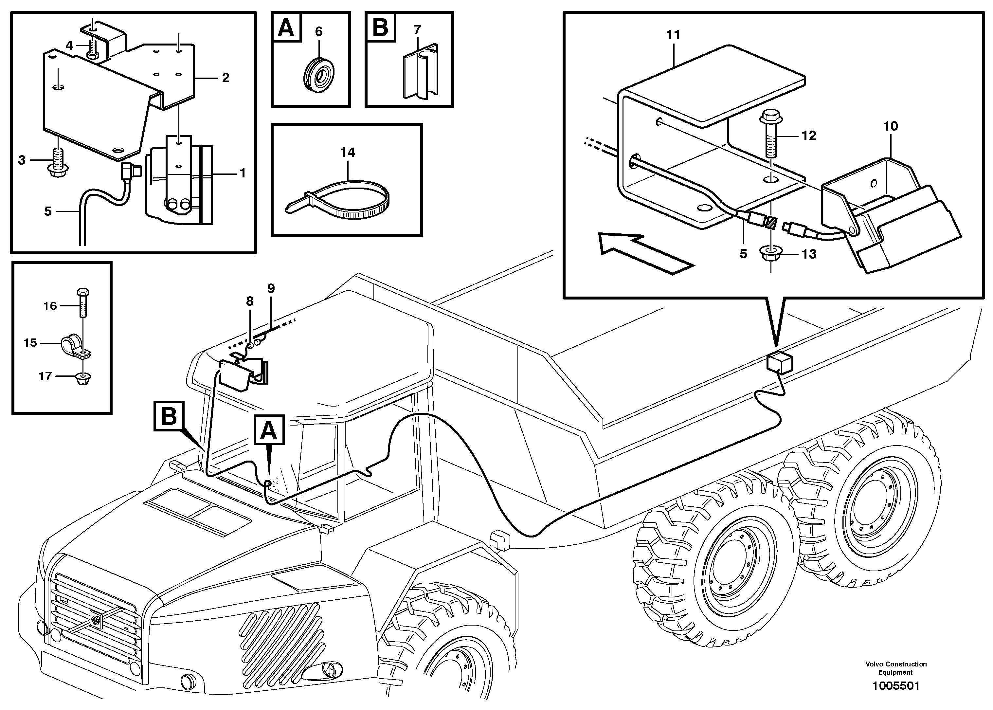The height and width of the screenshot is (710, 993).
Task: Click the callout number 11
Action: pos(673,35)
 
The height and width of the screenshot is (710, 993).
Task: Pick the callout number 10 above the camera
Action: pos(890,126)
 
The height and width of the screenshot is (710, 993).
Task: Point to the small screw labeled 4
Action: pos(93,49)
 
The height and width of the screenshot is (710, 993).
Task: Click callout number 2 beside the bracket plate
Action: pos(226,78)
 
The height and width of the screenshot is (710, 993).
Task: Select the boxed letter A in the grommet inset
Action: pos(286,27)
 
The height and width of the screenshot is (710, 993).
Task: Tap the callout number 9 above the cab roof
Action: pos(271,288)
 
